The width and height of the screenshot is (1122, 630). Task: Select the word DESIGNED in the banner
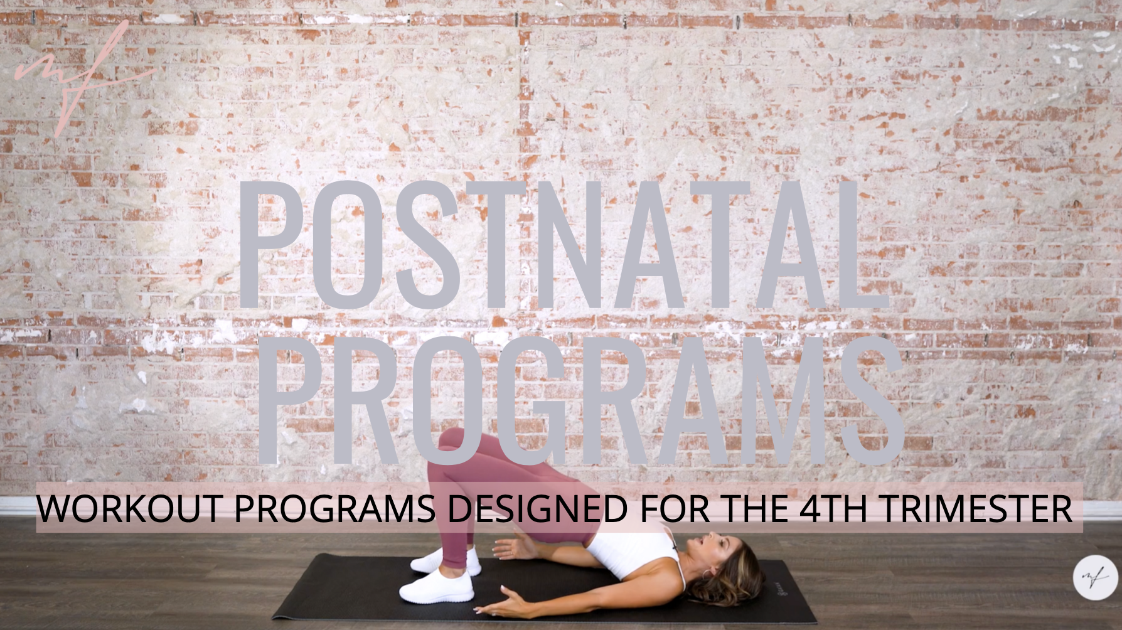click(x=537, y=509)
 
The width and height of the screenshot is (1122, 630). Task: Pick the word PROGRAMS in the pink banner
click(x=334, y=509)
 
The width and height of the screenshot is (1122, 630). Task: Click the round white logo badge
click(x=1095, y=577)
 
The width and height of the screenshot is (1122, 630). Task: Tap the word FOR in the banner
click(x=675, y=509)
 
